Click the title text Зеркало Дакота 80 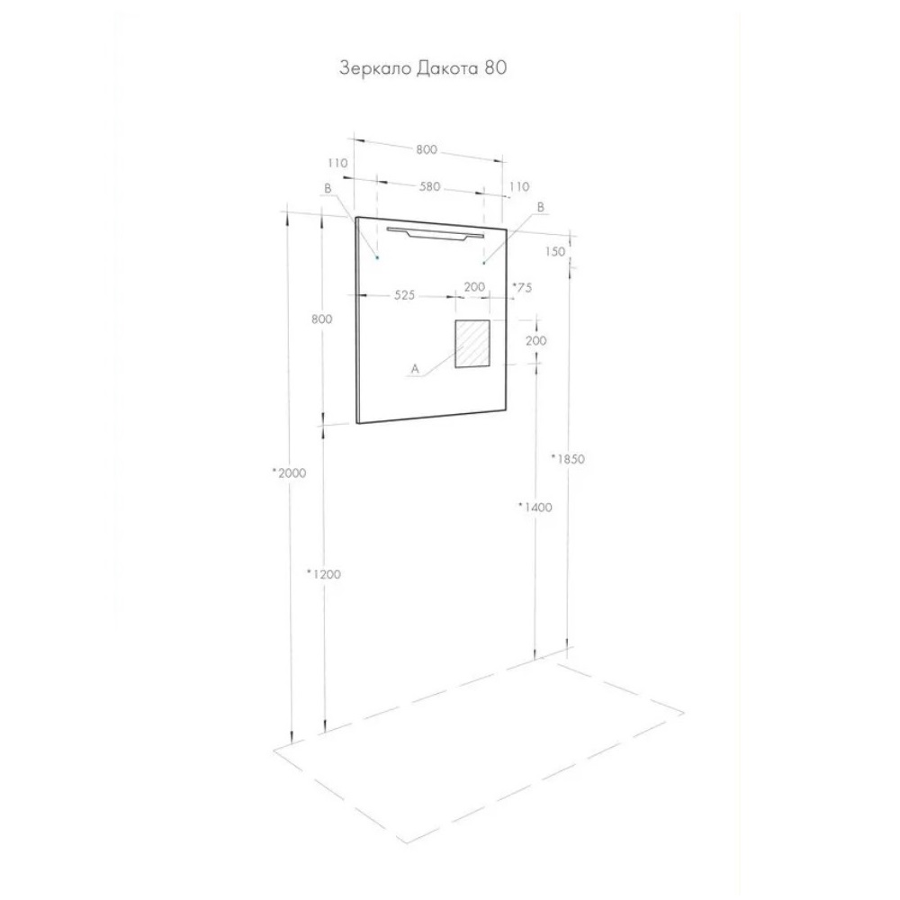pos(423,68)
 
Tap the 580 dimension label pos(430,186)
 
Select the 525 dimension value pos(404,295)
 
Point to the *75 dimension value pos(522,288)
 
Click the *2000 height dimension pos(289,473)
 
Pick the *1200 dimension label pos(324,574)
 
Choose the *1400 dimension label pos(535,507)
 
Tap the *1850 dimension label pos(568,459)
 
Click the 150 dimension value pos(555,251)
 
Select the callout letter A pos(416,369)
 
